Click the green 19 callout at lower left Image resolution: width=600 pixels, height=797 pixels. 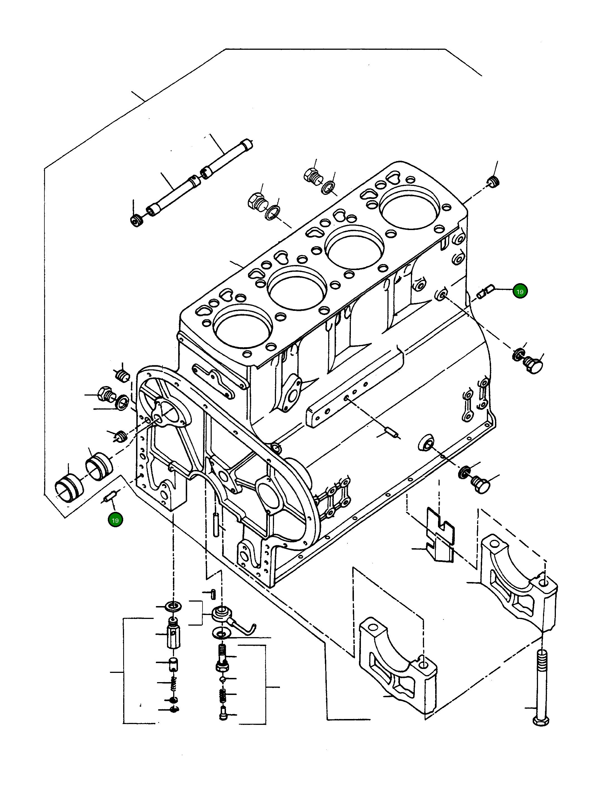pyautogui.click(x=115, y=520)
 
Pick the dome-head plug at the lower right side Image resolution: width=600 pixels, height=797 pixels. pyautogui.click(x=480, y=485)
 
